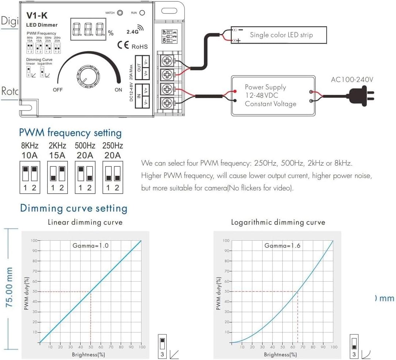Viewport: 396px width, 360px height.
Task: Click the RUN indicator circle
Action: coord(142,13)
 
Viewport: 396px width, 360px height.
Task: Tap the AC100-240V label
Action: coord(352,80)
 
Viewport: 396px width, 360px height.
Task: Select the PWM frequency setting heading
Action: coord(70,132)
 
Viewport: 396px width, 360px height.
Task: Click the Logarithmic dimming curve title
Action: coord(278,222)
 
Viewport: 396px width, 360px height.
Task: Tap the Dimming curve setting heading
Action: coord(74,208)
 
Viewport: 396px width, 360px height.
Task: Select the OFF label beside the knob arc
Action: coord(58,90)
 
